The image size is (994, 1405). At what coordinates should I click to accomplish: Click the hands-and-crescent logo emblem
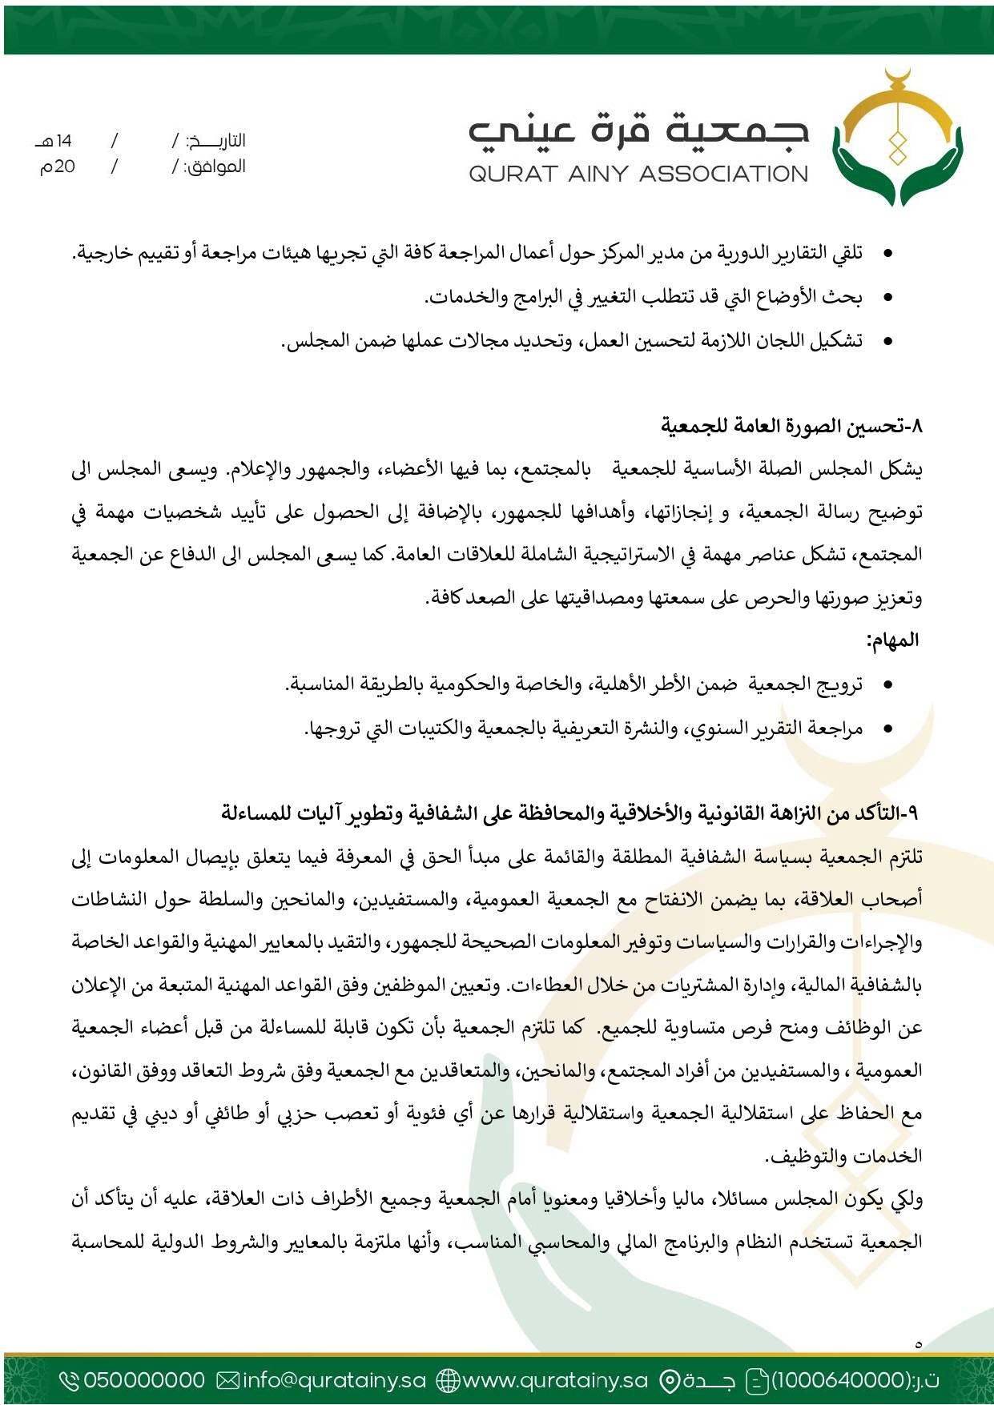896,140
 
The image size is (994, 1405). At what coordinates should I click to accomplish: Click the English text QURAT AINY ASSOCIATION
638,174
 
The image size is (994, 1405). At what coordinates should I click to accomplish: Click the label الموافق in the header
215,167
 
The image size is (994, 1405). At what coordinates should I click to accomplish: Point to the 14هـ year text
54,142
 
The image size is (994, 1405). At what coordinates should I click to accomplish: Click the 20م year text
58,167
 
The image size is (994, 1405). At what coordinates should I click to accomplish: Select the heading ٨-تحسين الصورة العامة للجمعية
791,426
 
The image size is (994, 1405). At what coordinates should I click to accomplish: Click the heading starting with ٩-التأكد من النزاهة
569,814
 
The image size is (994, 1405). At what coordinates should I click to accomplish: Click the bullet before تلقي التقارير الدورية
887,255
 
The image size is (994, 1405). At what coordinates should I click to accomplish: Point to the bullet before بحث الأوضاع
887,298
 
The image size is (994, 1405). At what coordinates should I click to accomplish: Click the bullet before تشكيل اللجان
887,342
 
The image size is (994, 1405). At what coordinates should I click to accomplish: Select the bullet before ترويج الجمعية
887,685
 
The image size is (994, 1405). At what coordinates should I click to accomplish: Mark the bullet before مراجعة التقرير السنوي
887,729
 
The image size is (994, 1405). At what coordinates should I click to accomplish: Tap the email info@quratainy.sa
334,1380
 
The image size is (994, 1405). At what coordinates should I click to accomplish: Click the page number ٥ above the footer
918,1344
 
